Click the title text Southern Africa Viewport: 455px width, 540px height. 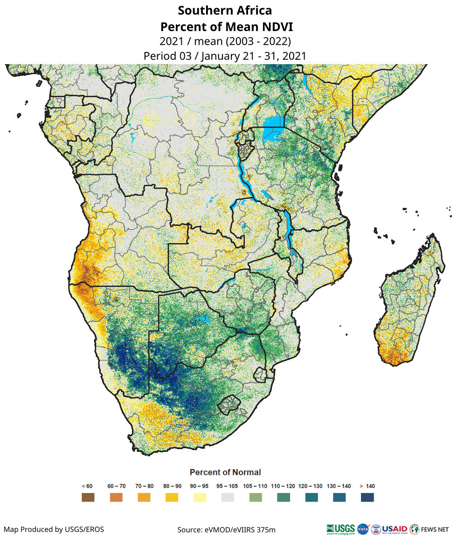(225, 10)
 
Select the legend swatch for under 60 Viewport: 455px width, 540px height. (88, 498)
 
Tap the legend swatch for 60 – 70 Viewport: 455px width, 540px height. (116, 498)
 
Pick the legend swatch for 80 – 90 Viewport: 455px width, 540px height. (172, 498)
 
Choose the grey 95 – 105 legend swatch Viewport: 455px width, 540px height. (228, 498)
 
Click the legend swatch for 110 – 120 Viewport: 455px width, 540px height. (283, 498)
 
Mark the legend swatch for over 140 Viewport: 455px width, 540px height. (367, 498)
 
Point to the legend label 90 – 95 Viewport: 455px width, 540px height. (199, 486)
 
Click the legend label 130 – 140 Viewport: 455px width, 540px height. (339, 486)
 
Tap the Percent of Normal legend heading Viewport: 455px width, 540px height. (225, 472)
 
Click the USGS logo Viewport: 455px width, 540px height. (340, 528)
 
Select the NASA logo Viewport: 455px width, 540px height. (363, 528)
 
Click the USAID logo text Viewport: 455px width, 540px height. (394, 528)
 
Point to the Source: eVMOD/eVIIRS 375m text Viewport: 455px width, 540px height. (226, 529)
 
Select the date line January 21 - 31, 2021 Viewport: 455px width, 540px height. (225, 56)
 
